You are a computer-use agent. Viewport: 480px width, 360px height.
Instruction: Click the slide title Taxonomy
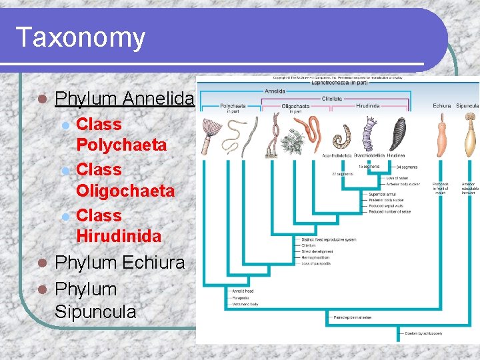coord(80,37)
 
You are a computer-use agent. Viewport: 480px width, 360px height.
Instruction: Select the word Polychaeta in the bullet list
coord(121,145)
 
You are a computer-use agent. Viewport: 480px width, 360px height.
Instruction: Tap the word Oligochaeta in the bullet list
coord(125,191)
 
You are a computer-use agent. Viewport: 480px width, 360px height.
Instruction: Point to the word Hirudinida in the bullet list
coord(119,237)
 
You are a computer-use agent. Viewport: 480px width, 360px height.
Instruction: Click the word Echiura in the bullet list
coord(153,263)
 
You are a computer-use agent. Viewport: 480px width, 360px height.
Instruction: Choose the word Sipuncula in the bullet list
coord(95,312)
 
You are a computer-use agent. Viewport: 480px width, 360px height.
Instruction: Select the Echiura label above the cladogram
coord(441,105)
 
